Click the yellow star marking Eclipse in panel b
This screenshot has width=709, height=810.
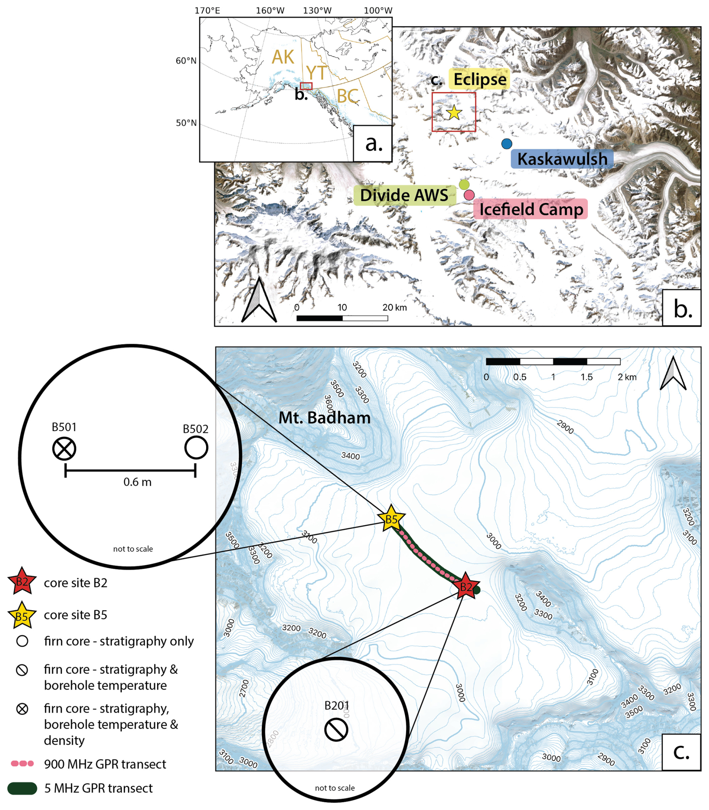point(454,113)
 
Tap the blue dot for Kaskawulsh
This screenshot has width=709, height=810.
point(506,144)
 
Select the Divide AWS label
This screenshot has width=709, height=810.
point(404,195)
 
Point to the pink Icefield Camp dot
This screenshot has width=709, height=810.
point(469,195)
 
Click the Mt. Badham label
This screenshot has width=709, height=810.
point(325,418)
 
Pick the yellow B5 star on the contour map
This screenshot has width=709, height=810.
point(391,519)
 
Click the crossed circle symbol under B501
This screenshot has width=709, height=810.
point(64,449)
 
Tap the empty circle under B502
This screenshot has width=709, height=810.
point(196,448)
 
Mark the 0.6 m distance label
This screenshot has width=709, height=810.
point(137,482)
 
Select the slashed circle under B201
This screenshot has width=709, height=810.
point(336,730)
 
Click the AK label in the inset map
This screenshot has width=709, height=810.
point(283,57)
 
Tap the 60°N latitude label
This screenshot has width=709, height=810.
point(186,61)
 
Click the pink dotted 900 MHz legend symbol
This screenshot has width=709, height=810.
point(22,764)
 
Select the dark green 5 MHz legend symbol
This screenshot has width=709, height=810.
point(22,788)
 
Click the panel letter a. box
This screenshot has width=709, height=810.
point(373,144)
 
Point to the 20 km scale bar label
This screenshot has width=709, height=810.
point(395,307)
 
